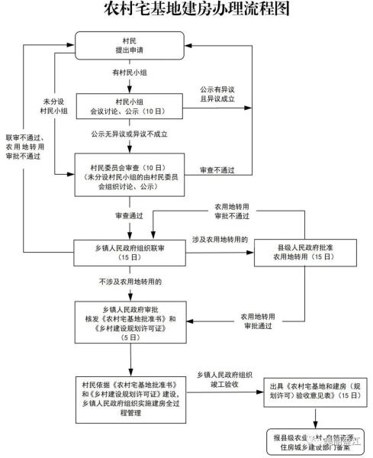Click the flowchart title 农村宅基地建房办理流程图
(186, 10)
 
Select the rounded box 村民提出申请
(129, 44)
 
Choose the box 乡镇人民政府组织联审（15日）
(129, 252)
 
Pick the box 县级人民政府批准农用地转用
(304, 252)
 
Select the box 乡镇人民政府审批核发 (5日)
(129, 324)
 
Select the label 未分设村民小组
(54, 106)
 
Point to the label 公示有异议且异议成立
(217, 94)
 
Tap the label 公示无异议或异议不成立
(129, 134)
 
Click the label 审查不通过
(217, 169)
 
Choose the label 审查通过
(129, 216)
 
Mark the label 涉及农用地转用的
(217, 239)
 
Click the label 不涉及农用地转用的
(129, 282)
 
